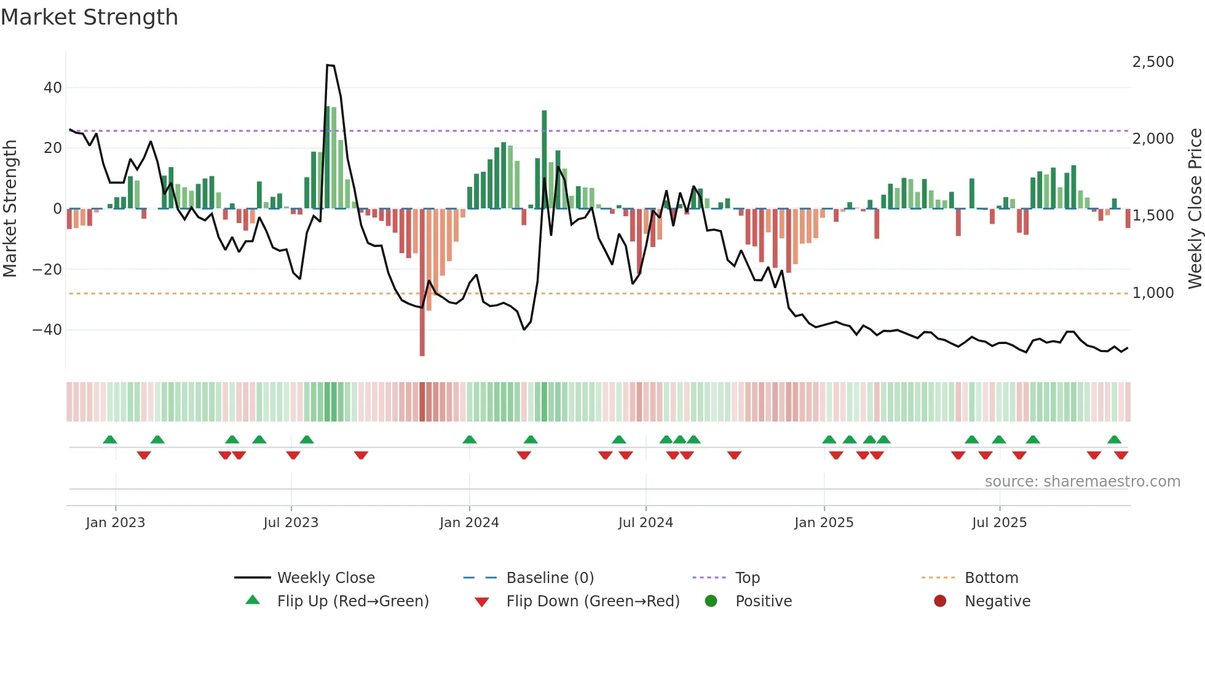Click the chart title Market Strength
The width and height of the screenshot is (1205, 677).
89,17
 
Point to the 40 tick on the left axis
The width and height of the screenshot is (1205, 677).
53,88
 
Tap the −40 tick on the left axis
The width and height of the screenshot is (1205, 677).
48,330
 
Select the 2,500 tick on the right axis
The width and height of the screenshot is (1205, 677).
1153,62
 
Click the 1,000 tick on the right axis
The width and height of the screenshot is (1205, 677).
1153,293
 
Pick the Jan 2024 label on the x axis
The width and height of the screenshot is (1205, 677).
469,523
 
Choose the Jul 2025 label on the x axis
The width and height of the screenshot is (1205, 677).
999,523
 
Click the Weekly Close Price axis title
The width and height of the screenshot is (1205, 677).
1195,209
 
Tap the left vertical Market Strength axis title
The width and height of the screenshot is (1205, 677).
10,209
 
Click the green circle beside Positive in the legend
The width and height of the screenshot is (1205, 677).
711,601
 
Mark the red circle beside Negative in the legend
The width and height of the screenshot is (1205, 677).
940,601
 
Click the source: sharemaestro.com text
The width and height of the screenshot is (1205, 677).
1082,482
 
